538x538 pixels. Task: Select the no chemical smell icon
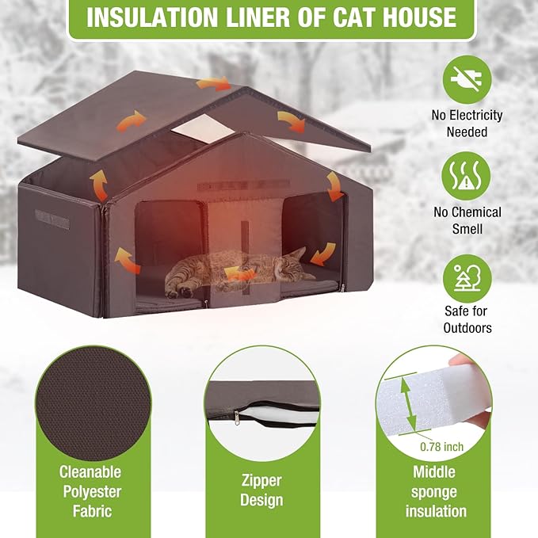point(467,175)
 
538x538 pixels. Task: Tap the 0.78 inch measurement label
point(442,447)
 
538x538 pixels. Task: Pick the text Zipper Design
point(261,490)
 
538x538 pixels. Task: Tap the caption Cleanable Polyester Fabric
point(90,491)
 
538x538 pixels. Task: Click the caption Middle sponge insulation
point(434,491)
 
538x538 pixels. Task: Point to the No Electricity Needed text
point(467,124)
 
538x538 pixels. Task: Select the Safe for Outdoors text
point(467,319)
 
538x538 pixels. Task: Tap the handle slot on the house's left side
point(52,219)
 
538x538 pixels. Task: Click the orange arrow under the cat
point(241,274)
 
